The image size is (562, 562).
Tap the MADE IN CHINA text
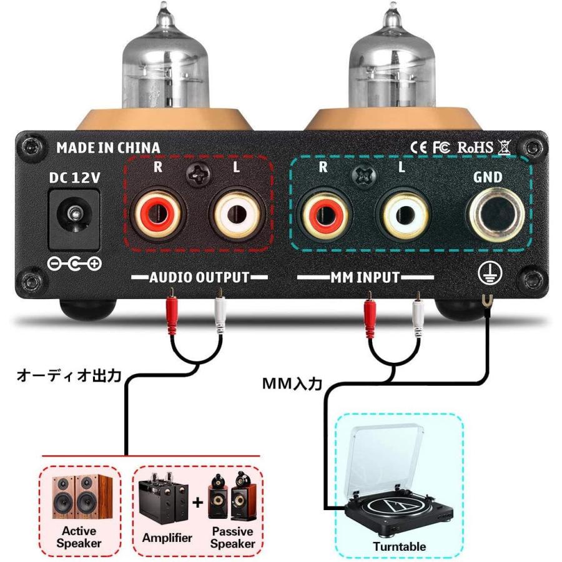pyautogui.click(x=108, y=148)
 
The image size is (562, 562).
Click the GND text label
pyautogui.click(x=488, y=177)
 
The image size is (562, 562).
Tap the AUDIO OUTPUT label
pyautogui.click(x=199, y=277)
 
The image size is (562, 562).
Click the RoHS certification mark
pyautogui.click(x=475, y=147)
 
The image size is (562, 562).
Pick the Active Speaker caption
pyautogui.click(x=79, y=537)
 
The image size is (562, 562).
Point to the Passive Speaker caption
pyautogui.click(x=232, y=537)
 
